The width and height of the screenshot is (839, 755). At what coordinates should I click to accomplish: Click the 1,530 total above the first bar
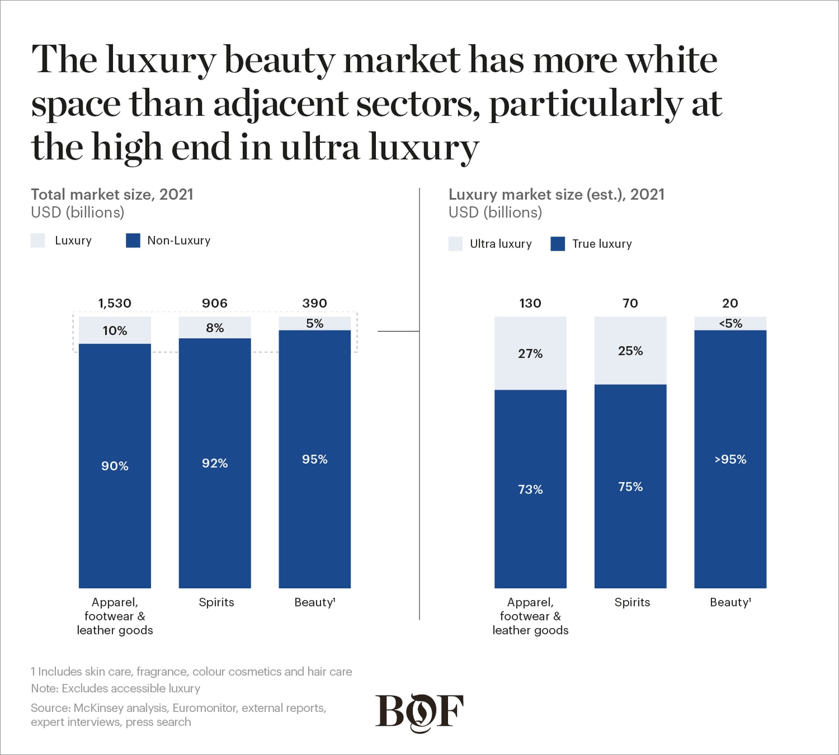point(115,303)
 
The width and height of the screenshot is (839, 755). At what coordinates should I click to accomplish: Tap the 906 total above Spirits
point(214,303)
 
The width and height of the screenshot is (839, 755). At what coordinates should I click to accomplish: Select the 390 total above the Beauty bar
point(315,303)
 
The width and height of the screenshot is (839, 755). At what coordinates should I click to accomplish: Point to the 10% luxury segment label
point(115,331)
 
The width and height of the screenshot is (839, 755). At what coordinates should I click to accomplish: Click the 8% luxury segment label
point(214,328)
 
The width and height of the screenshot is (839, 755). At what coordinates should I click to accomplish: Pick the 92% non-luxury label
point(214,463)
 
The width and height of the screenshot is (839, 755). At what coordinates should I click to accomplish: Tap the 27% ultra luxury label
point(530,354)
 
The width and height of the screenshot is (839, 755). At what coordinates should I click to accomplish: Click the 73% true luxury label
point(530,489)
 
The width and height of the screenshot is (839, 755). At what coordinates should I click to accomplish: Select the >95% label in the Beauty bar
point(730,459)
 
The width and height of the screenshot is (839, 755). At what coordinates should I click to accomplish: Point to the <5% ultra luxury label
point(730,323)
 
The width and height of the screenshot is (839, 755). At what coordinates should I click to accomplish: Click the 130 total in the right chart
point(530,303)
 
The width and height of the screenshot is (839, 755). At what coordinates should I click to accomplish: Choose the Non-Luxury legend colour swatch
point(133,241)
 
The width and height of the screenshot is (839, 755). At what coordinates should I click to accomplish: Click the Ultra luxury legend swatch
point(456,244)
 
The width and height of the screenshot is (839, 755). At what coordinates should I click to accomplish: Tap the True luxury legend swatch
point(558,244)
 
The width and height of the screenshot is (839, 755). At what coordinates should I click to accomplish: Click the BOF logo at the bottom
point(419,712)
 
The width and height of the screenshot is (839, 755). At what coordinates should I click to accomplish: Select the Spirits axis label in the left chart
point(216,602)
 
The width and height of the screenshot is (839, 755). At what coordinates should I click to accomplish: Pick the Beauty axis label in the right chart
point(730,602)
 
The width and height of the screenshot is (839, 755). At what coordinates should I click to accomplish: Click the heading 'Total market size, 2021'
point(112,194)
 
